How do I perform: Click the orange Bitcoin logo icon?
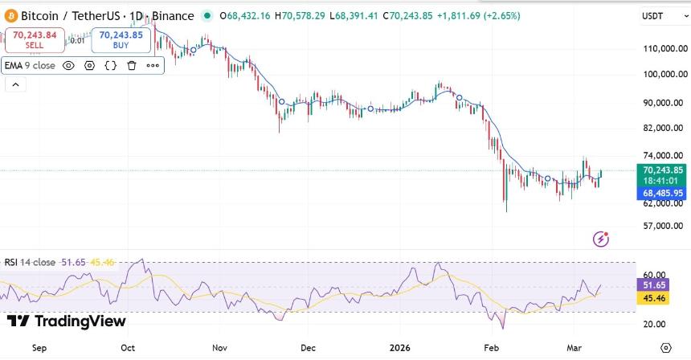pos(10,16)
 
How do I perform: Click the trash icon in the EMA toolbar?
pos(132,66)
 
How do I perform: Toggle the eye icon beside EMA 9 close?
pos(68,66)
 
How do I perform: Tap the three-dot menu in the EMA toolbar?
pos(153,66)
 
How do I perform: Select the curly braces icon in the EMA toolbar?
pos(111,66)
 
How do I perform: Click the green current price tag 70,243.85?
pos(662,170)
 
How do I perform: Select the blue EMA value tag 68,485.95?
pos(662,194)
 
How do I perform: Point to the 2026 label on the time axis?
pos(399,348)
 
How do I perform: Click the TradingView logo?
pos(66,321)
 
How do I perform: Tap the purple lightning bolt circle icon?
pos(600,239)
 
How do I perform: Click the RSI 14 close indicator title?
pos(30,262)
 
